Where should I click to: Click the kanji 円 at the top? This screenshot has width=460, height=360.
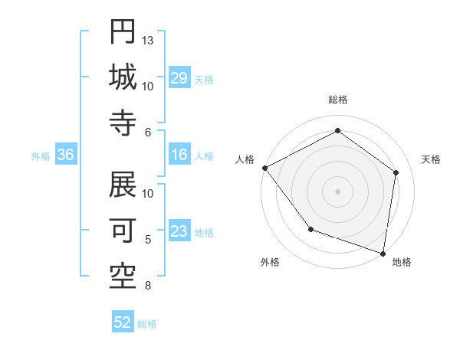click(x=123, y=31)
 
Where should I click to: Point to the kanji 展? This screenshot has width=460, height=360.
click(x=123, y=184)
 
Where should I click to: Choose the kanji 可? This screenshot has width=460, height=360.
click(x=123, y=229)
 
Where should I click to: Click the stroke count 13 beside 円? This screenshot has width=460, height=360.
click(x=149, y=40)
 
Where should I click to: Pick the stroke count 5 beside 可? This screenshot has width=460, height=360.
click(x=149, y=240)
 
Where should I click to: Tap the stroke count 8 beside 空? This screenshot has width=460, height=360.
click(x=149, y=286)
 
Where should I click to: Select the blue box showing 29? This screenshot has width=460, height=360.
click(x=179, y=78)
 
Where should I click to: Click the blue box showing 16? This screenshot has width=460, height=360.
click(x=179, y=155)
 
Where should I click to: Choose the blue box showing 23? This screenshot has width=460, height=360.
click(x=179, y=231)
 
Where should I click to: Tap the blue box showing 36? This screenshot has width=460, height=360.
click(x=66, y=155)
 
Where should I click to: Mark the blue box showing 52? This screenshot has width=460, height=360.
click(x=123, y=322)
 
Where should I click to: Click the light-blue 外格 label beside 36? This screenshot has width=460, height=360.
click(x=41, y=156)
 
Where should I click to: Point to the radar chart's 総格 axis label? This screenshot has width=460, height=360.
click(x=337, y=100)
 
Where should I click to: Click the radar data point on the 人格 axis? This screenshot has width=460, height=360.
click(x=264, y=168)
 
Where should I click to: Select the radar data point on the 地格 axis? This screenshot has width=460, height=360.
click(x=383, y=253)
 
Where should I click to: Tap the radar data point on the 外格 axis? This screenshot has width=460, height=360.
click(x=310, y=229)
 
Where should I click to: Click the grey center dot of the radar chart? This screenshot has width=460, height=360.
click(x=337, y=191)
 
